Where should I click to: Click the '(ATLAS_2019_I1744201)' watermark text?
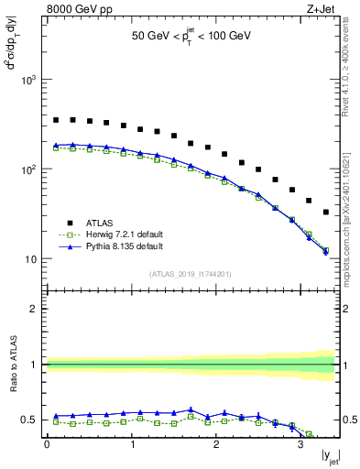click(191, 274)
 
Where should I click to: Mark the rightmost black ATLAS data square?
click(326, 213)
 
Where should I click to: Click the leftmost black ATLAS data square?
click(56, 120)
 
